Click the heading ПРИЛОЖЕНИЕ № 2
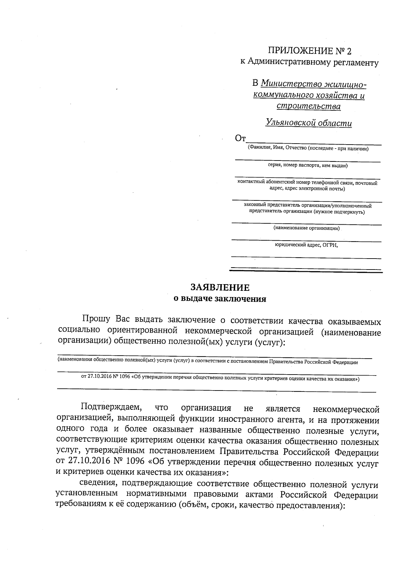pyautogui.click(x=309, y=51)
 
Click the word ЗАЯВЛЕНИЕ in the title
pyautogui.click(x=220, y=287)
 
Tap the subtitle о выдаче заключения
pyautogui.click(x=220, y=299)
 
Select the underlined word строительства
pyautogui.click(x=309, y=106)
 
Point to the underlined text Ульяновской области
pyautogui.click(x=309, y=123)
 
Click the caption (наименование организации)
pyautogui.click(x=306, y=228)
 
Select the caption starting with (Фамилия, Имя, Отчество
pyautogui.click(x=308, y=148)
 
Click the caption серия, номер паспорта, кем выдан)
pyautogui.click(x=308, y=165)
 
